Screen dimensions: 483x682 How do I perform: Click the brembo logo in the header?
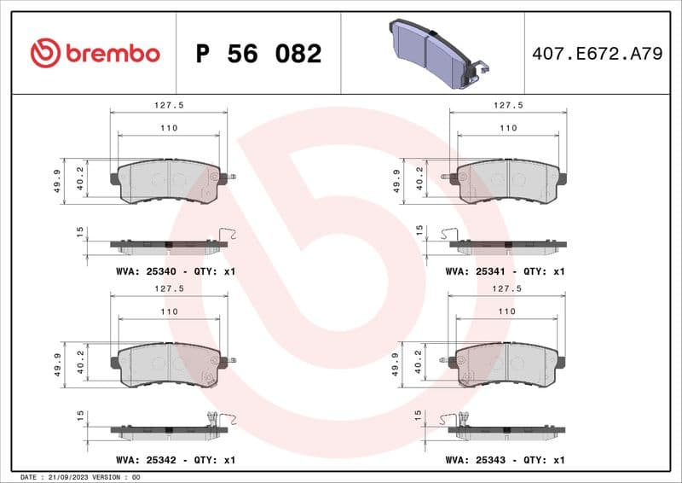pyautogui.click(x=95, y=53)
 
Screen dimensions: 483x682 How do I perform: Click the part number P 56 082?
pyautogui.click(x=258, y=54)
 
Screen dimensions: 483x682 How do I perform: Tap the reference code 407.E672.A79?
pyautogui.click(x=597, y=54)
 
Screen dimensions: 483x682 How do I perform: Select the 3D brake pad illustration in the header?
pyautogui.click(x=435, y=52)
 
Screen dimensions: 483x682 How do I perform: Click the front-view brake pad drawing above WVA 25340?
pyautogui.click(x=169, y=181)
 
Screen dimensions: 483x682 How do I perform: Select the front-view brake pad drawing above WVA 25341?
pyautogui.click(x=508, y=181)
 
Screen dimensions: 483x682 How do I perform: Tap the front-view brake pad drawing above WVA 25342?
pyautogui.click(x=169, y=365)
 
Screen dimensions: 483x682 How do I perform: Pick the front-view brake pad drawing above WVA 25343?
pyautogui.click(x=508, y=365)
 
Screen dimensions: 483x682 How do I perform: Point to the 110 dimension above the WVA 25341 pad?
pyautogui.click(x=508, y=128)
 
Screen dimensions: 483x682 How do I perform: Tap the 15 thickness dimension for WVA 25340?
pyautogui.click(x=79, y=231)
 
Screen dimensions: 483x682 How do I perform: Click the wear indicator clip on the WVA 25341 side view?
pyautogui.click(x=449, y=236)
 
